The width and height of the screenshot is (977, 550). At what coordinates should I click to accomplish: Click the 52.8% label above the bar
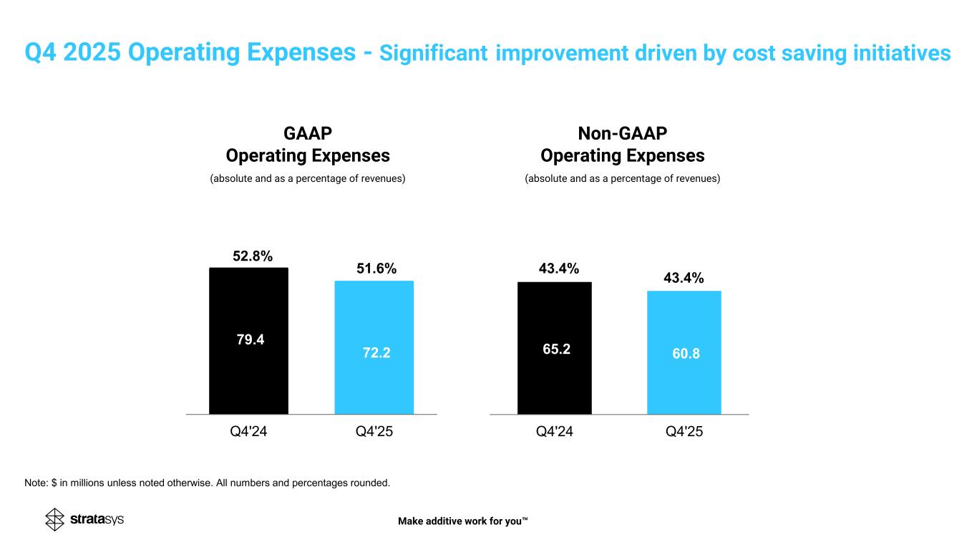pos(253,256)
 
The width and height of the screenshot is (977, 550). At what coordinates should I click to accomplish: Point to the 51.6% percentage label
pos(376,269)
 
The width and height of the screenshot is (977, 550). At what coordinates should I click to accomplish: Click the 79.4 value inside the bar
pos(251,339)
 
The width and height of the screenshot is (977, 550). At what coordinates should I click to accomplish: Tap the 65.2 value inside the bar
pos(556,349)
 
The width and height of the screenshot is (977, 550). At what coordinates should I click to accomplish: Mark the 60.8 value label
pos(685,353)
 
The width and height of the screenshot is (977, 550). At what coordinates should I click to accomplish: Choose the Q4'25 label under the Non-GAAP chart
pos(684,432)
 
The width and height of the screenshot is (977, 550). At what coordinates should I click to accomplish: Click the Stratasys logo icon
pos(55,520)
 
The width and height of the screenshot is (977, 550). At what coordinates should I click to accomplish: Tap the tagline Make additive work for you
pos(462,521)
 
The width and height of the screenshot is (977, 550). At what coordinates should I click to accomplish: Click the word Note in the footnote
pos(35,483)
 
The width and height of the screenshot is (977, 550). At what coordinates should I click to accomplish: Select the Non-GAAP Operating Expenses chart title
pos(622,145)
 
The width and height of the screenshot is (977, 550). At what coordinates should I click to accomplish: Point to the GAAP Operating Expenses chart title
pos(308,145)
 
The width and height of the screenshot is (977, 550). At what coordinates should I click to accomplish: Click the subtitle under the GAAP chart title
pos(308,178)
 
